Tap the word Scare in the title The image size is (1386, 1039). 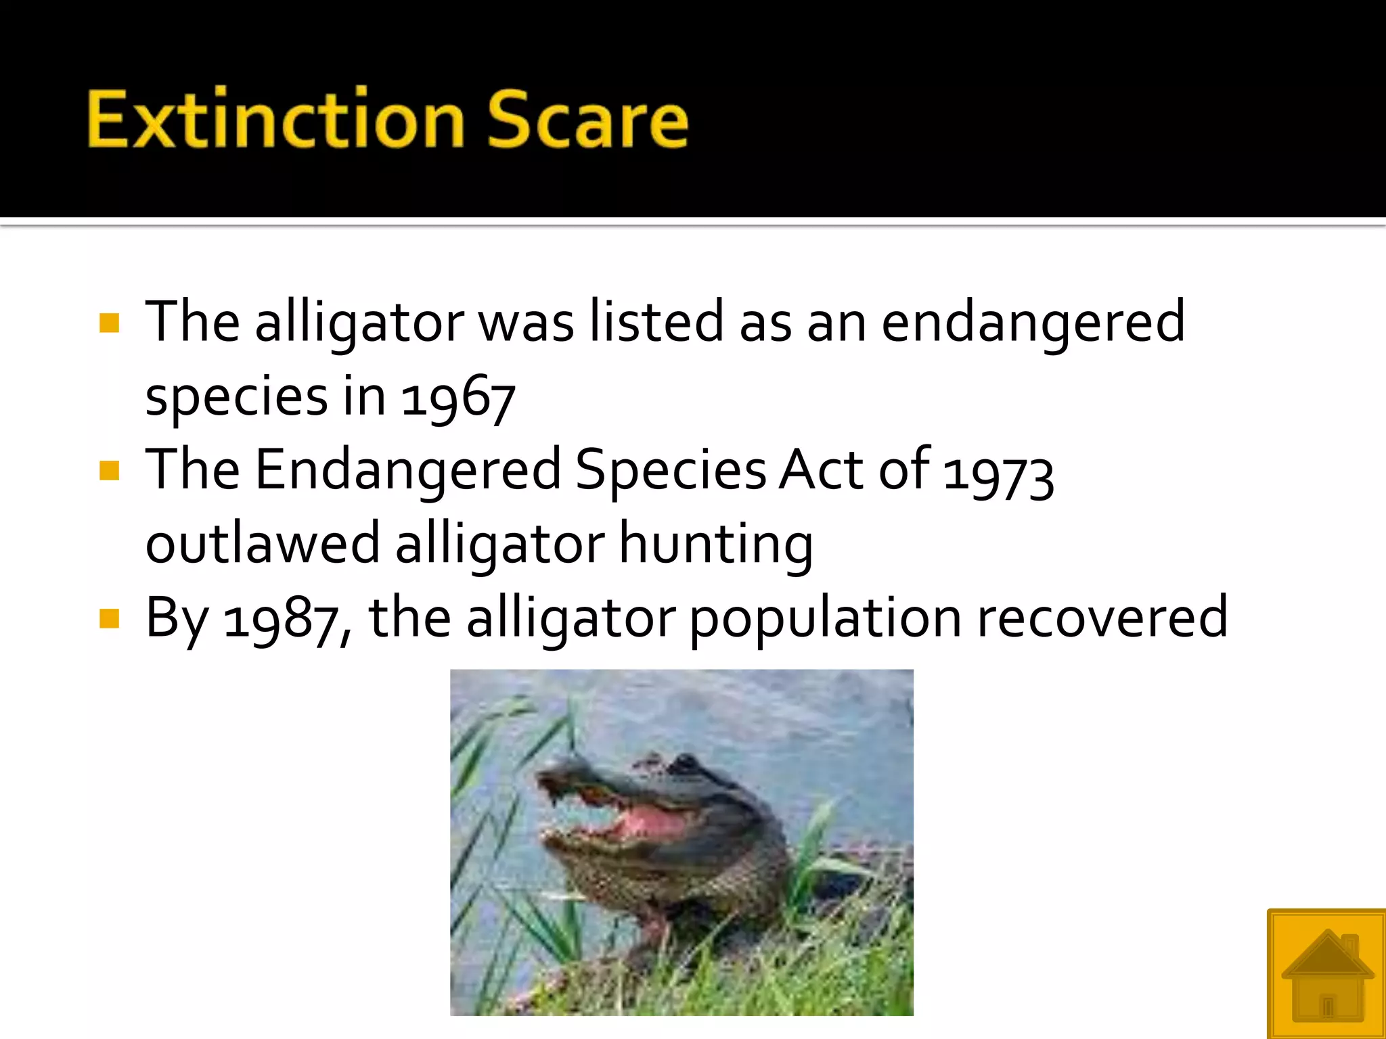[587, 119]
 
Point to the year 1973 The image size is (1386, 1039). [998, 473]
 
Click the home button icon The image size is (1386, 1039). [1326, 974]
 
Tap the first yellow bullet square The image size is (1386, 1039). [109, 323]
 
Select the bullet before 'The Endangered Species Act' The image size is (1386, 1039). [109, 470]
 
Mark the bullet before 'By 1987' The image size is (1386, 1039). [109, 618]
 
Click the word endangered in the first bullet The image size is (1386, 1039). [1033, 323]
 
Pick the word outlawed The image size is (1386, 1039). [263, 544]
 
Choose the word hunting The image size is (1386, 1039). [716, 544]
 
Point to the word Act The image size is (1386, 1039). [821, 470]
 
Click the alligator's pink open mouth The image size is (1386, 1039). [650, 822]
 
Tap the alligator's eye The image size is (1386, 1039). [684, 764]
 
